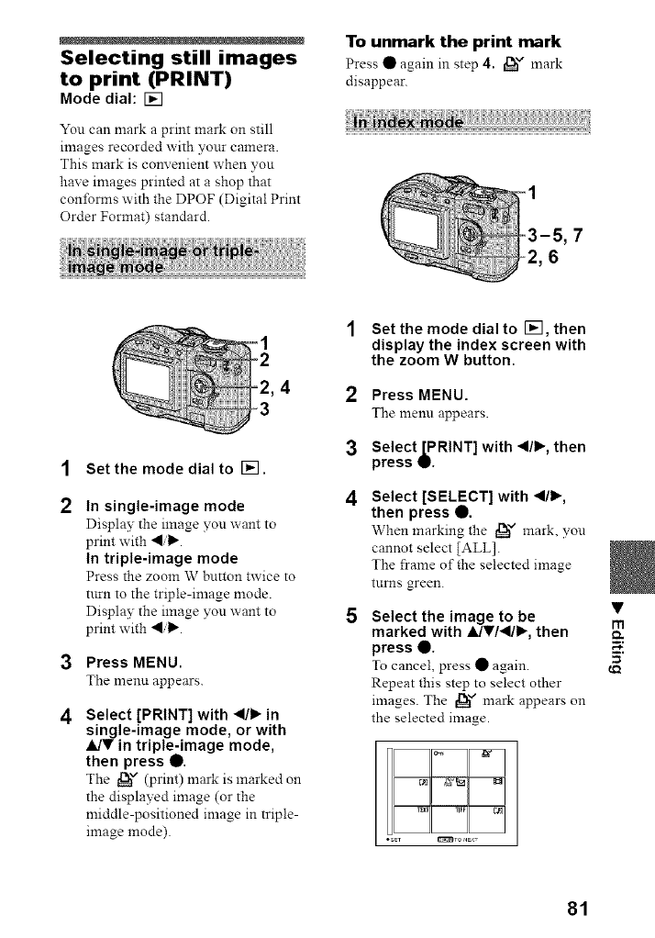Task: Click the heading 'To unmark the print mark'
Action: [x=452, y=41]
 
